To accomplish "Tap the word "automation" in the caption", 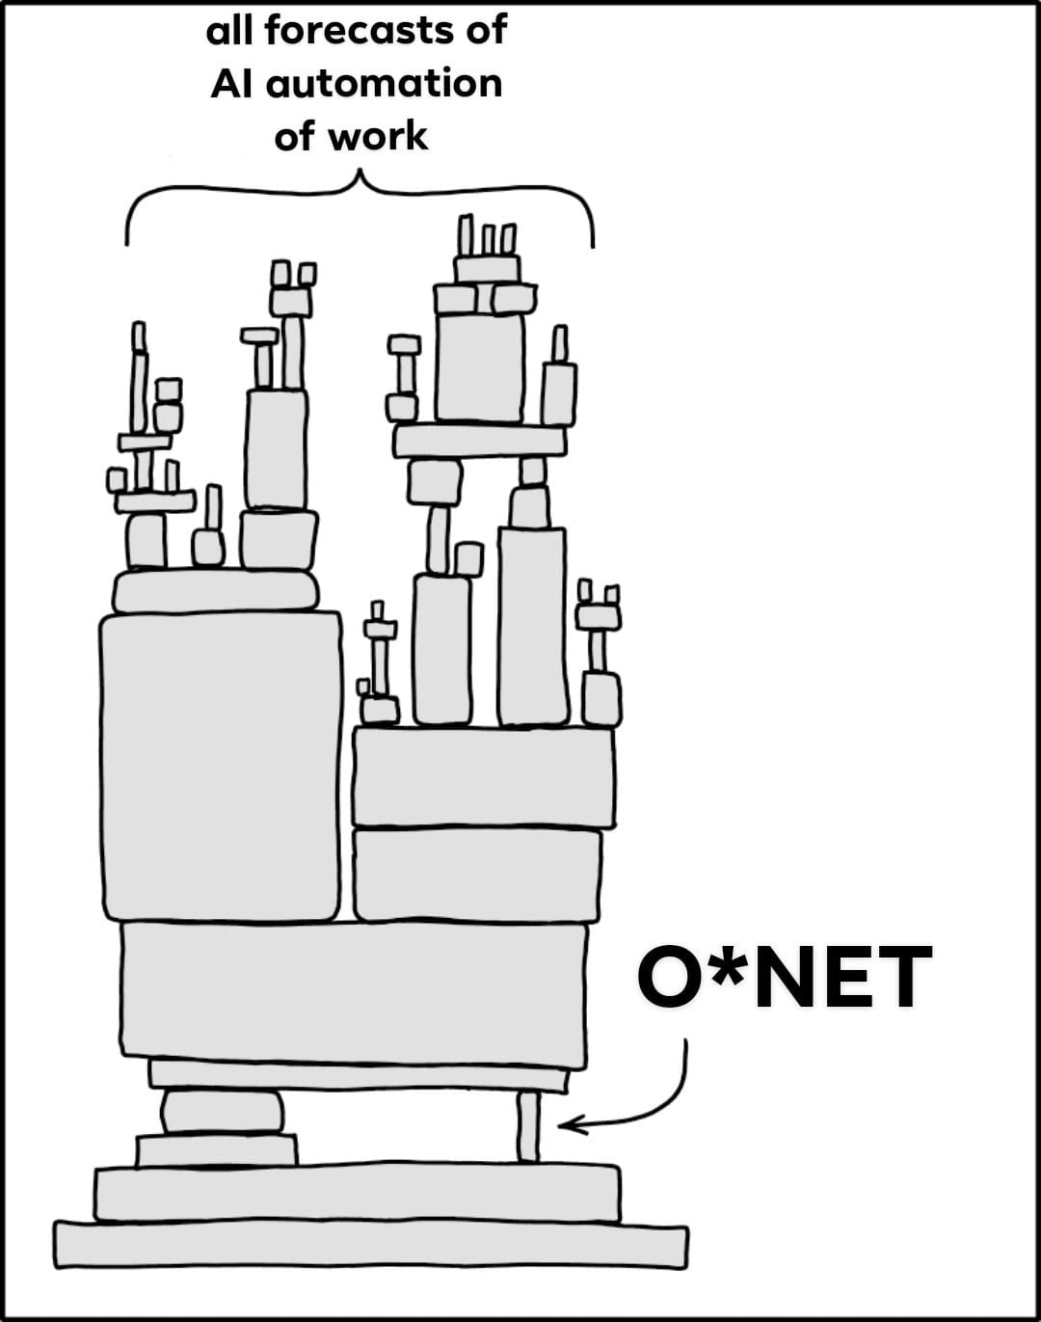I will click(384, 84).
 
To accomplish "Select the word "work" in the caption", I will click(377, 137).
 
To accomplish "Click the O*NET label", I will click(784, 978).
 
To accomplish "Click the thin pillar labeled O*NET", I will click(528, 1126).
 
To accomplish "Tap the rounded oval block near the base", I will click(223, 1112).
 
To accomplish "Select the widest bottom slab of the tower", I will click(371, 1245).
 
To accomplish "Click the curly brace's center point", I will click(360, 177).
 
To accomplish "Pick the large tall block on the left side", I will click(222, 767).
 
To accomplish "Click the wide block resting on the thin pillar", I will click(354, 994).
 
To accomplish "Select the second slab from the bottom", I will click(357, 1194).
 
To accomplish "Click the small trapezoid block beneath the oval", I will click(217, 1150).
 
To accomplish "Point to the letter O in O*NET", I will click(672, 978).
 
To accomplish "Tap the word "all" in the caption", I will click(229, 31).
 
